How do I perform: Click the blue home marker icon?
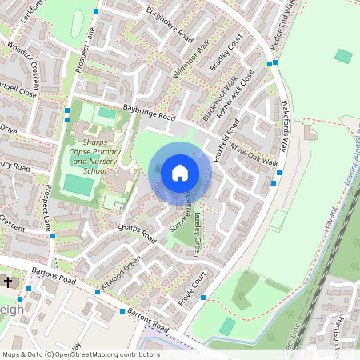click(x=180, y=172)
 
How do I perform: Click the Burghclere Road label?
click(x=170, y=26)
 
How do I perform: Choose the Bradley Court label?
click(x=226, y=54)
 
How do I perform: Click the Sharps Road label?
click(x=137, y=233)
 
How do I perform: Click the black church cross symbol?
click(x=8, y=282)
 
